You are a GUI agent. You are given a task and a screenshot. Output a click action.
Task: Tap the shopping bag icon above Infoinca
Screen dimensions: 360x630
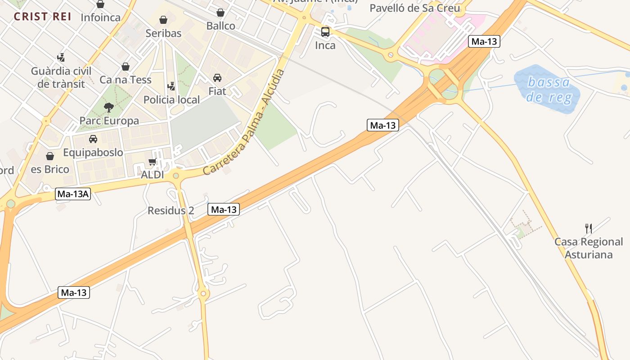(100, 4)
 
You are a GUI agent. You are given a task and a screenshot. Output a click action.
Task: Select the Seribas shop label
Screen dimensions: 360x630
(163, 33)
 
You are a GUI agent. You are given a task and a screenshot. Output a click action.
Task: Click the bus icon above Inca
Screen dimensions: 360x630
(325, 32)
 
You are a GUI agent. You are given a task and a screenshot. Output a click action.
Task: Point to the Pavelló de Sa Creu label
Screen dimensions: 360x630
(414, 8)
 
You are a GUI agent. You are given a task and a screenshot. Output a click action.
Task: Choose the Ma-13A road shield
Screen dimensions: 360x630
(73, 194)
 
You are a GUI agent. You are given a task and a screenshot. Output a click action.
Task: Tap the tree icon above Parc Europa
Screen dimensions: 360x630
(108, 107)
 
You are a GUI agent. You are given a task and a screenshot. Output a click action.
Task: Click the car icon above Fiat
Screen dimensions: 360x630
(217, 78)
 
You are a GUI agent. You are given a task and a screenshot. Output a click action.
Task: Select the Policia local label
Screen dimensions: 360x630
(171, 99)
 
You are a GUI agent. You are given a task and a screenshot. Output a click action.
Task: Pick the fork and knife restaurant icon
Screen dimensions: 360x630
(588, 228)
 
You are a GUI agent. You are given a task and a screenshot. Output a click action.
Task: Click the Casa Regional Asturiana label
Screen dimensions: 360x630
(589, 248)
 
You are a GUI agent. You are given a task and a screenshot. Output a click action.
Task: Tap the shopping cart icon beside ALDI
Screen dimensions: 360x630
(152, 162)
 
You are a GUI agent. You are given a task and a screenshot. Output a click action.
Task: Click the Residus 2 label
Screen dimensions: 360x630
(171, 211)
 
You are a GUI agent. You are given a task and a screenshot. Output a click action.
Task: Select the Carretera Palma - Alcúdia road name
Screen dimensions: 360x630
(244, 122)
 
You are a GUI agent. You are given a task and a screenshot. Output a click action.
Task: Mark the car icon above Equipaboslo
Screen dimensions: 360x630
(93, 139)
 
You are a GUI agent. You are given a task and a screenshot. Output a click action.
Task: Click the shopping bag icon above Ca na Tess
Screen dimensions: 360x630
(126, 67)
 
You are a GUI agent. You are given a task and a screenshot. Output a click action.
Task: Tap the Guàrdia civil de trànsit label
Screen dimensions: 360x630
(61, 77)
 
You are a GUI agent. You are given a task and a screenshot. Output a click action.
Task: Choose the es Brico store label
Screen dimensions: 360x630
(50, 169)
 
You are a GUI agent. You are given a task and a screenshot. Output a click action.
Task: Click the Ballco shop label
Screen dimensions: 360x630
(220, 26)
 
